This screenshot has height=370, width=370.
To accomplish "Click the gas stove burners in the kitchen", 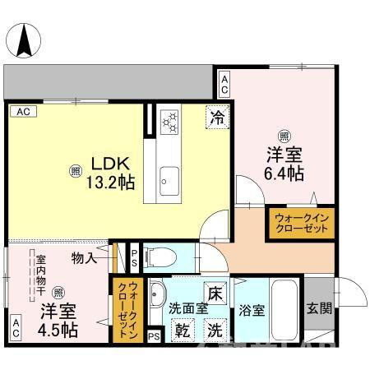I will coord(171,122).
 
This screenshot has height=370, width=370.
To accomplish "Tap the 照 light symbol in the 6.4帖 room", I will coord(284,136).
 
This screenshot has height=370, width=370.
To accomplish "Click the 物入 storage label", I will coord(84,258).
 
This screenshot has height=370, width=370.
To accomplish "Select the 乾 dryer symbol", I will coord(181,330).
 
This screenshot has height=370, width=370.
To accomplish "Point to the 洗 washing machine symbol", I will coord(213,330).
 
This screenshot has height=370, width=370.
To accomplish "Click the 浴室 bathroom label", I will coord(252,312).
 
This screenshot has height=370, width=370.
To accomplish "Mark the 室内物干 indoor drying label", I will coord(39,271).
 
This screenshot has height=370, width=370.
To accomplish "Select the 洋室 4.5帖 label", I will coord(57,321).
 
